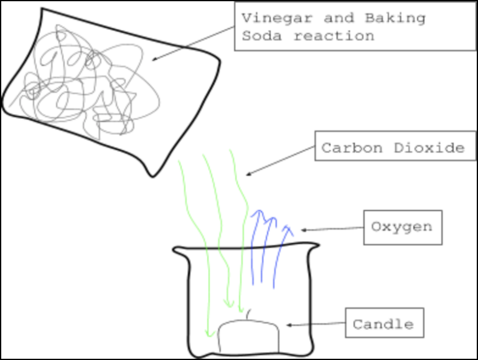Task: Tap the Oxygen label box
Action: click(x=402, y=227)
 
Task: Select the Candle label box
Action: click(x=383, y=324)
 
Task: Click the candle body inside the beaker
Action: click(x=248, y=336)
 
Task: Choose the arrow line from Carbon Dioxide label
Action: click(x=280, y=161)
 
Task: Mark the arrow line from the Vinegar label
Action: click(x=193, y=44)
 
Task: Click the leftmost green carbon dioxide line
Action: click(x=196, y=237)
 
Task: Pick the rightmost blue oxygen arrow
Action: click(x=281, y=249)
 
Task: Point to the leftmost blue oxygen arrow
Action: click(x=253, y=249)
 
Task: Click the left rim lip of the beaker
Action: click(x=177, y=251)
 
